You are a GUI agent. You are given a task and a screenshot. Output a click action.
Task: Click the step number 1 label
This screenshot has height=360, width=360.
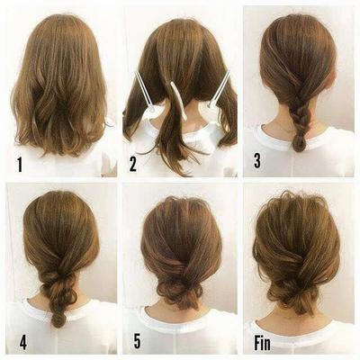click(x=19, y=165)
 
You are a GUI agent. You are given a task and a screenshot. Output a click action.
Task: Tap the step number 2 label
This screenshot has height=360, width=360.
click(x=133, y=165)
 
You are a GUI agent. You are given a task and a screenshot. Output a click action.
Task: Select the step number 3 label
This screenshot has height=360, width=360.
click(x=256, y=162)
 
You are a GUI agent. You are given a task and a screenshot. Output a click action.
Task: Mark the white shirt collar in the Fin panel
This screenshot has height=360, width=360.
click(x=301, y=328)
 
